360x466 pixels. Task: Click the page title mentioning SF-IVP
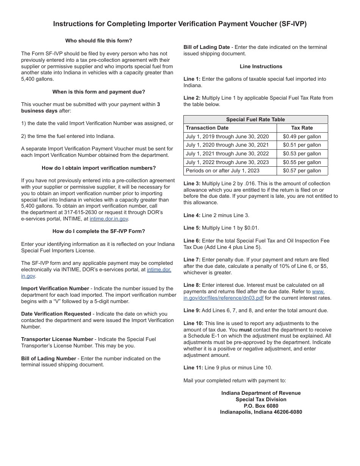pyautogui.click(x=180, y=24)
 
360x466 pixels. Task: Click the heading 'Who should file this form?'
pyautogui.click(x=99, y=41)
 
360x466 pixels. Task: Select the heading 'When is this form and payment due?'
pyautogui.click(x=99, y=92)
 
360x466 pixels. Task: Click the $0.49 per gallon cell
pyautogui.click(x=302, y=136)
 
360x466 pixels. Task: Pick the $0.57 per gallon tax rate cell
pyautogui.click(x=302, y=171)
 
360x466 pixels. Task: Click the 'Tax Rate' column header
pyautogui.click(x=302, y=128)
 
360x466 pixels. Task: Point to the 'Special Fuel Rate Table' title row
pyautogui.click(x=255, y=119)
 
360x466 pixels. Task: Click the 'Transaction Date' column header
pyautogui.click(x=207, y=128)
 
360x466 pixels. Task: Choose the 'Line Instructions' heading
pyautogui.click(x=261, y=66)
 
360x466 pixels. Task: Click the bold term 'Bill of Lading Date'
pyautogui.click(x=207, y=47)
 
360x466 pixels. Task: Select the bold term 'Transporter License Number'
pyautogui.click(x=57, y=339)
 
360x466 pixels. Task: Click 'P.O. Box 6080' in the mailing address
pyautogui.click(x=261, y=406)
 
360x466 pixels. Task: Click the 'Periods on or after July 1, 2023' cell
pyautogui.click(x=222, y=171)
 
